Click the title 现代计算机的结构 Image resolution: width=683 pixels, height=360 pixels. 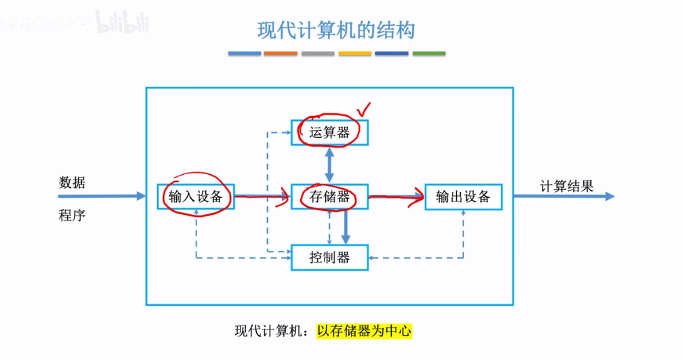click(336, 31)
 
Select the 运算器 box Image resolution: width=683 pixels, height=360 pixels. click(330, 132)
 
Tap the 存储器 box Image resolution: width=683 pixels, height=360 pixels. click(330, 197)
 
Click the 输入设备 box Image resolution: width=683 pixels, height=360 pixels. click(196, 197)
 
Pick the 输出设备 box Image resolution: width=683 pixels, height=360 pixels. click(463, 197)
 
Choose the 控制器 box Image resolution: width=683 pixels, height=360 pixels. click(330, 258)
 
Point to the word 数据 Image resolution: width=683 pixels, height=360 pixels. click(73, 182)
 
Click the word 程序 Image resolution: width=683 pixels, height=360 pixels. click(73, 216)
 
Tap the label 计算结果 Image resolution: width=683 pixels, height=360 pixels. click(566, 186)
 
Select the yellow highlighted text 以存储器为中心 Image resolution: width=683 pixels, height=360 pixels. click(364, 332)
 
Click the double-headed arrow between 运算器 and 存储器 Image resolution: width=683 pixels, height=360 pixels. click(330, 164)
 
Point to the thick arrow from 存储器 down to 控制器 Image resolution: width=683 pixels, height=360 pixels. click(346, 227)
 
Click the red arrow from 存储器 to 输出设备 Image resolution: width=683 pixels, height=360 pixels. click(396, 198)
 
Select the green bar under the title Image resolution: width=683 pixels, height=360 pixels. click(429, 53)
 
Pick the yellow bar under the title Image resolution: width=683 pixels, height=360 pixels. click(355, 53)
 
